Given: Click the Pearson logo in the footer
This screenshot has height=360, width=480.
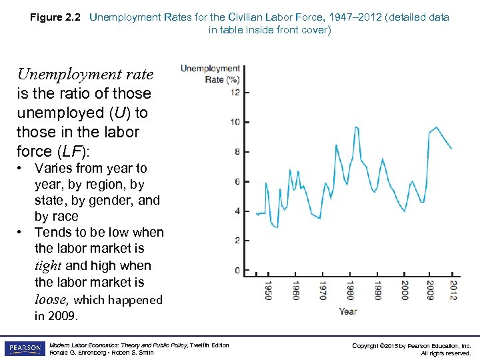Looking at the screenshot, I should tap(25, 348).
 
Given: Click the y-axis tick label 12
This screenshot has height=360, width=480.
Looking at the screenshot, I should tap(235, 93).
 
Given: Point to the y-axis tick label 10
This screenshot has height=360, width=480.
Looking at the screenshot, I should tap(235, 122).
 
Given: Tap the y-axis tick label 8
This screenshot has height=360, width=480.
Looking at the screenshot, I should tap(237, 152).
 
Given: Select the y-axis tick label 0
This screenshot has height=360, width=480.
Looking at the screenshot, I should tap(237, 270).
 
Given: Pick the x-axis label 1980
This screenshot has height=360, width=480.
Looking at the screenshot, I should tap(349, 291).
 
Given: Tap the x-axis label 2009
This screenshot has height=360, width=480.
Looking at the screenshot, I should tap(431, 291).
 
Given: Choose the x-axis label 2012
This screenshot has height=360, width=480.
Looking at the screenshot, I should tap(453, 291).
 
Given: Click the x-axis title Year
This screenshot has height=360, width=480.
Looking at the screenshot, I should tap(348, 311).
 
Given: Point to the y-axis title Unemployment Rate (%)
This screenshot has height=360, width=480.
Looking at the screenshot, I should tap(211, 73).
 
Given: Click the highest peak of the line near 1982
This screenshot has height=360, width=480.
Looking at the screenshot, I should tap(357, 127).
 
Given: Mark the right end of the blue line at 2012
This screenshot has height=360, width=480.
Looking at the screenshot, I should tap(452, 149).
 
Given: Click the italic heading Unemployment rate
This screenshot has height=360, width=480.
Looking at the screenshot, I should tap(85, 74).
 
